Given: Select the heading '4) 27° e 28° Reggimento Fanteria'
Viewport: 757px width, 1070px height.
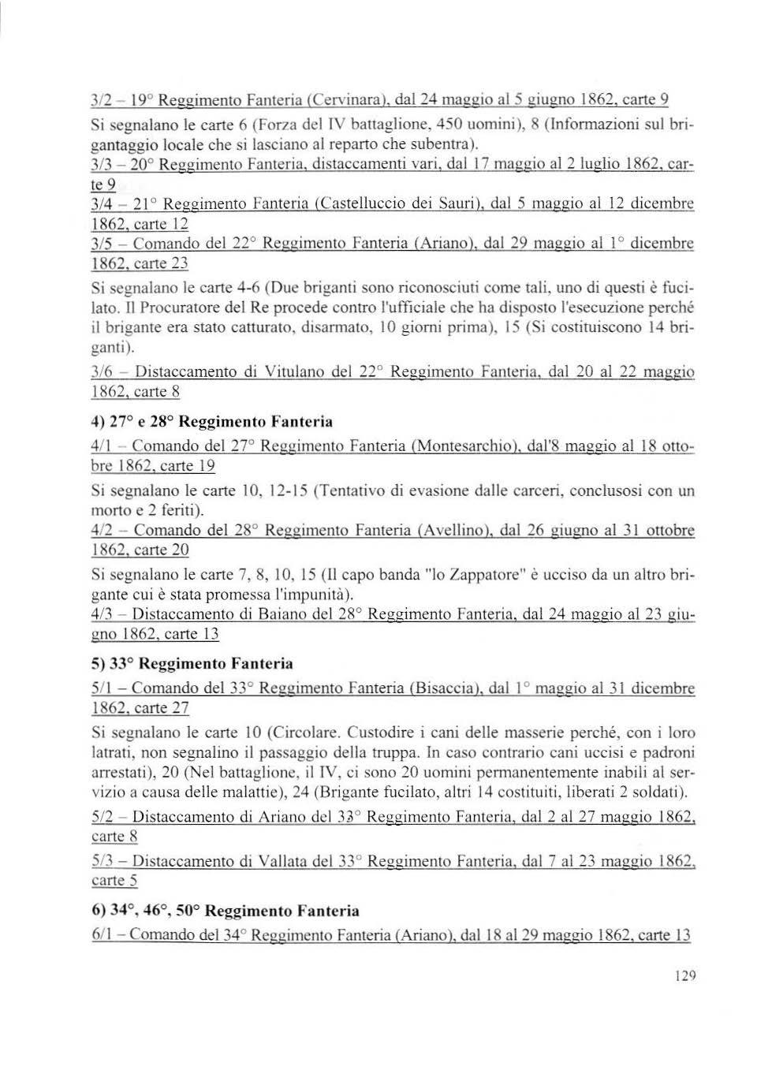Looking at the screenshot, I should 212,422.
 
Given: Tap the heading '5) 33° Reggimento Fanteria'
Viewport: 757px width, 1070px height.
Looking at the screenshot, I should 192,663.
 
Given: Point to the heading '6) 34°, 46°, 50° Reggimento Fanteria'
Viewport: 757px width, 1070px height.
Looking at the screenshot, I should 226,911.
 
